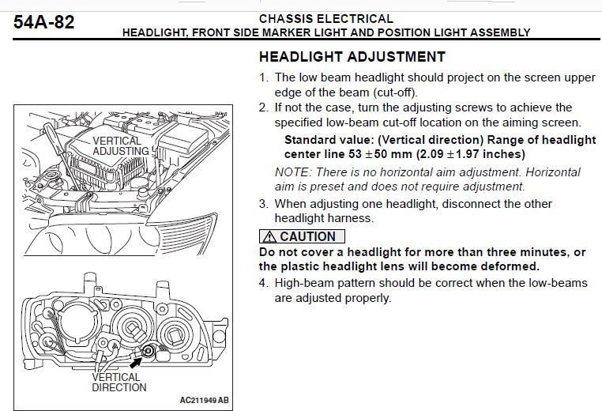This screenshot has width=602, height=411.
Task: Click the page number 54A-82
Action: [43, 22]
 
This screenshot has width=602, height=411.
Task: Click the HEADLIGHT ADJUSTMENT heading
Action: [352, 57]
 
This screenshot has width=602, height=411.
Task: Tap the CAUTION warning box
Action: [302, 236]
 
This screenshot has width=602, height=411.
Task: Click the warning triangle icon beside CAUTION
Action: [269, 236]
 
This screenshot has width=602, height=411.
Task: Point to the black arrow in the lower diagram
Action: [136, 362]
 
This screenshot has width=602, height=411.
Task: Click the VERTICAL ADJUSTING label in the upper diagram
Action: [121, 146]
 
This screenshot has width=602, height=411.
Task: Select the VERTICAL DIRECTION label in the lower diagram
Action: [119, 383]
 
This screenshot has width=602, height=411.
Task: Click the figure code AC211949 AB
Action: [205, 400]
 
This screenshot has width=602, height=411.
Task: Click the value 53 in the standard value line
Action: [356, 154]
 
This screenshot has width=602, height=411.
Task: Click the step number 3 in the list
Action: [262, 204]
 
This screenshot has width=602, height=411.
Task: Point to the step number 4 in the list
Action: [262, 283]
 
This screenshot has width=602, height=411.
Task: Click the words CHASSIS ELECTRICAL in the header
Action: [326, 19]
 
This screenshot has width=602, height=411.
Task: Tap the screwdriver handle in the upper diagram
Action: [53, 138]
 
